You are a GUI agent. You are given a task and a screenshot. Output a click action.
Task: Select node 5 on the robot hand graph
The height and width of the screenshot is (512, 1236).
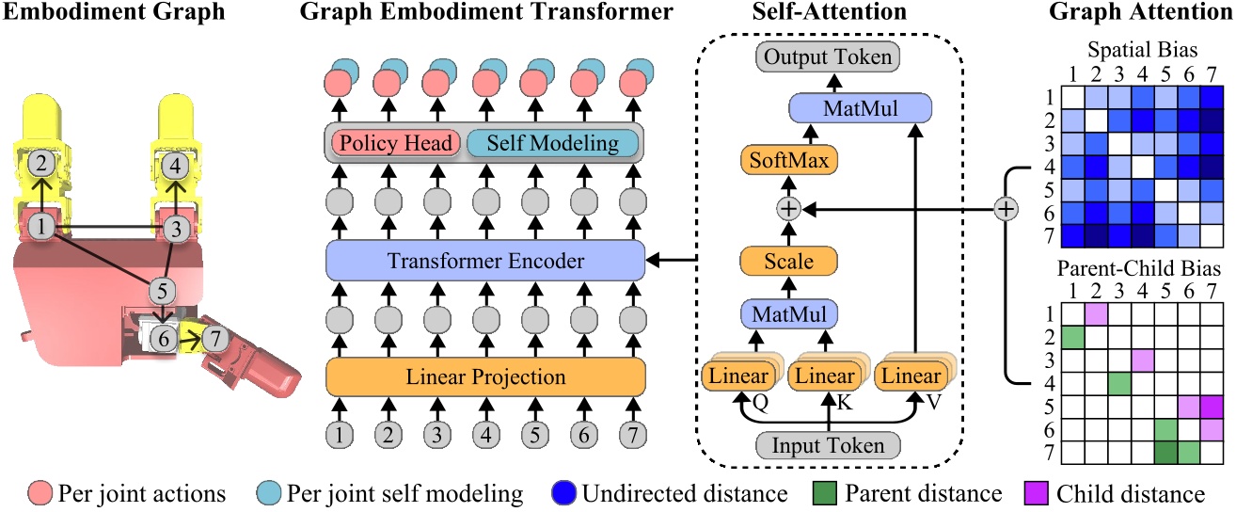tap(163, 288)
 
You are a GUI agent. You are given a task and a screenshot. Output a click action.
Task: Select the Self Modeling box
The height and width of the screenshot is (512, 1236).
tap(553, 144)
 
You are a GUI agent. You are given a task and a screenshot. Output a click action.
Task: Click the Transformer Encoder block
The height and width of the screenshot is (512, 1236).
tap(484, 261)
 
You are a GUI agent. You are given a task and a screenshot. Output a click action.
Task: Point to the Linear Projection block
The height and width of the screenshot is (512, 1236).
tap(484, 377)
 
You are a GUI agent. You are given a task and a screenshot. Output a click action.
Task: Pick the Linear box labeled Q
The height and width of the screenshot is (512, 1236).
tap(737, 376)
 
